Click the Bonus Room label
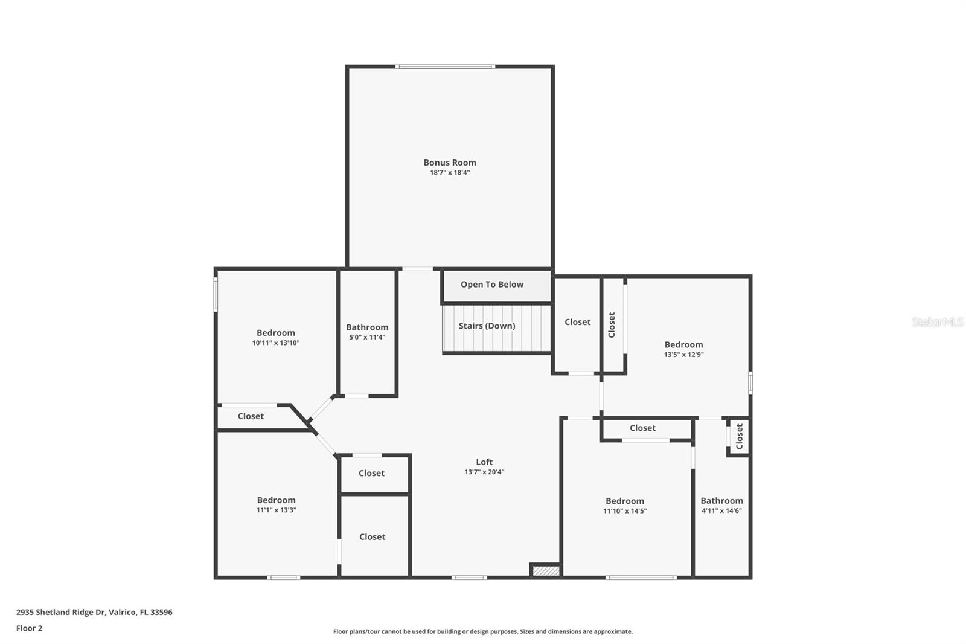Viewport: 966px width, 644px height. [x=450, y=163]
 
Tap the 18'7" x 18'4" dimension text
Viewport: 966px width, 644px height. [x=450, y=173]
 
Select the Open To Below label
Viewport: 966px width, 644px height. [x=492, y=285]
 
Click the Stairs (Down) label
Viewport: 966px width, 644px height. [x=487, y=326]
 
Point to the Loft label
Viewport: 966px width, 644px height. [x=484, y=462]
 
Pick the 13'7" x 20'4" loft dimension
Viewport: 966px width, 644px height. [x=484, y=472]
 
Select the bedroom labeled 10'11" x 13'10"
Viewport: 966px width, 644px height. [x=276, y=337]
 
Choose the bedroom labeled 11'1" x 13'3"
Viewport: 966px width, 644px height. [x=276, y=504]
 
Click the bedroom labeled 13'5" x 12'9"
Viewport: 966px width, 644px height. [x=683, y=349]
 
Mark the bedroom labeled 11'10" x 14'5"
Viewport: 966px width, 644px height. [x=625, y=506]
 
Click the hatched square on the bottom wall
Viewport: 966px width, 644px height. [x=546, y=570]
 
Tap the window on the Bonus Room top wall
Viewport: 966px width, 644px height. [x=446, y=66]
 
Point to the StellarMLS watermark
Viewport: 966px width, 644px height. [x=937, y=322]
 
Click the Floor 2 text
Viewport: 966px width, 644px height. [x=29, y=628]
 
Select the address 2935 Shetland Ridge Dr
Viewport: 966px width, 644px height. [x=94, y=612]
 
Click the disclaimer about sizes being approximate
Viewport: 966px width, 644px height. [x=483, y=631]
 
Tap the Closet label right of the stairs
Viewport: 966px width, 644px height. [x=577, y=322]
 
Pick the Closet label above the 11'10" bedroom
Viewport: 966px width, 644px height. [x=642, y=428]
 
